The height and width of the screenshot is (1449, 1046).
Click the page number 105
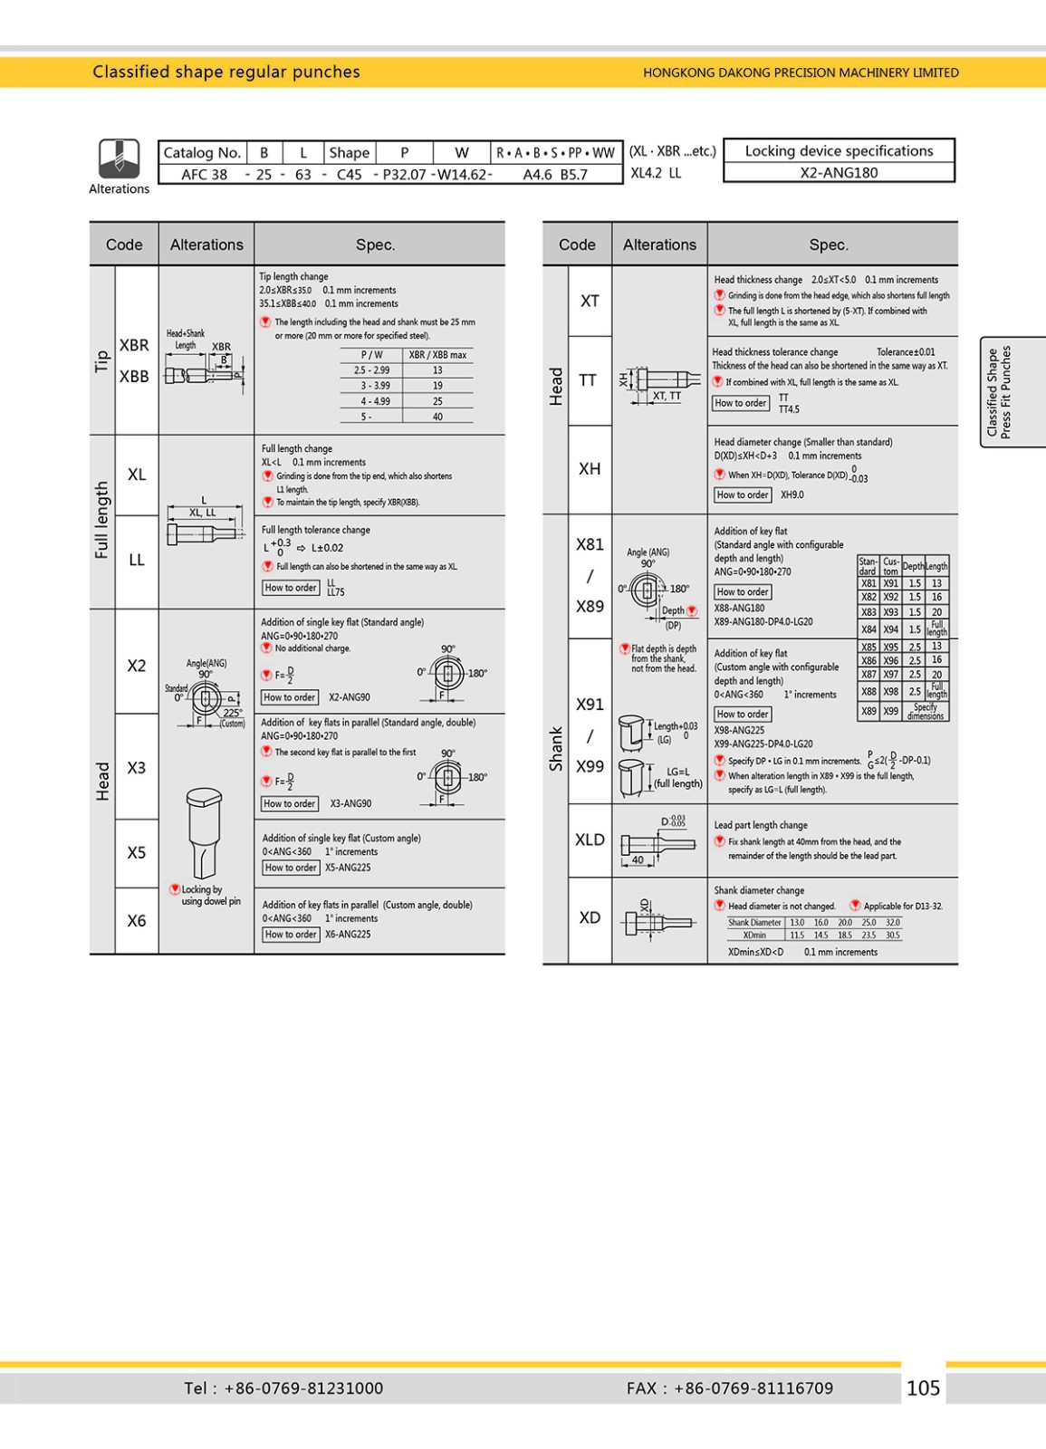click(x=923, y=1387)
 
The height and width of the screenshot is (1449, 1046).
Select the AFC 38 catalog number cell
click(x=204, y=174)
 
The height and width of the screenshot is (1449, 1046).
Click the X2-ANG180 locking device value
click(x=839, y=172)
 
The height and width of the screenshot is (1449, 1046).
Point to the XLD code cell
click(x=590, y=840)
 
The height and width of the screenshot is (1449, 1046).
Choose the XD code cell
click(x=590, y=917)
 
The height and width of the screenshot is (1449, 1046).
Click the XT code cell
click(x=590, y=301)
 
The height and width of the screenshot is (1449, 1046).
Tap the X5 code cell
click(x=137, y=852)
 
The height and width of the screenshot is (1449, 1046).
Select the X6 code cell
click(x=137, y=920)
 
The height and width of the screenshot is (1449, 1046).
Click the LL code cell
click(x=137, y=560)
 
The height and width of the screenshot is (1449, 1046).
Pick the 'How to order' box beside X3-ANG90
click(x=290, y=803)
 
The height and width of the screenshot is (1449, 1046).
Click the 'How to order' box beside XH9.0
click(x=743, y=494)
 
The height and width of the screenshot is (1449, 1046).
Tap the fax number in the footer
click(x=729, y=1387)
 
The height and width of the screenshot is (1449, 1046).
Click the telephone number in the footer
click(x=283, y=1387)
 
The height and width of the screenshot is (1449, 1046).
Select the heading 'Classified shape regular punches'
click(x=226, y=72)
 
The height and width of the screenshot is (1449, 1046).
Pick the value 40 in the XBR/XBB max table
click(x=437, y=417)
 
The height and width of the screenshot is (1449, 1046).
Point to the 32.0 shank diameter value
click(x=893, y=922)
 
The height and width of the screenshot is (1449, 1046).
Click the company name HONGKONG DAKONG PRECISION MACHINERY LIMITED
click(x=801, y=72)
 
